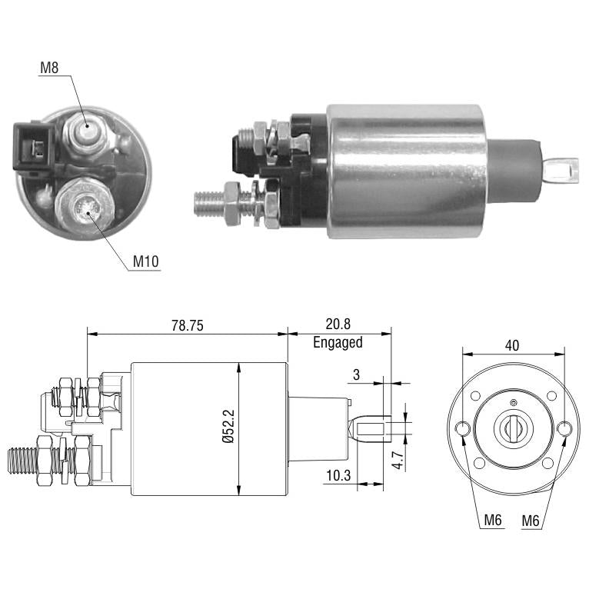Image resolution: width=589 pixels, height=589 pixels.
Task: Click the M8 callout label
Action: pyautogui.click(x=49, y=68)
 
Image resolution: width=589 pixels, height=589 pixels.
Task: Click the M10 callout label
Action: pyautogui.click(x=146, y=261)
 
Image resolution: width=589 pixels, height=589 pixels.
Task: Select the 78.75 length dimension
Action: pyautogui.click(x=188, y=325)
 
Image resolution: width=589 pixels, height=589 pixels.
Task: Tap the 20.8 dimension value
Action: pyautogui.click(x=338, y=324)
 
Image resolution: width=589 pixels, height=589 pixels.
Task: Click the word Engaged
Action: pyautogui.click(x=338, y=343)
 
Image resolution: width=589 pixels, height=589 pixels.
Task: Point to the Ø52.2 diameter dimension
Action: pyautogui.click(x=228, y=426)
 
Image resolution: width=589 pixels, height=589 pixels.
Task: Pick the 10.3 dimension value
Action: pyautogui.click(x=338, y=475)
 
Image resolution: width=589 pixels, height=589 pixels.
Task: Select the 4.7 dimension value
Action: pyautogui.click(x=398, y=461)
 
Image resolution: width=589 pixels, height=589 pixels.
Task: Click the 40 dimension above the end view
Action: pyautogui.click(x=512, y=345)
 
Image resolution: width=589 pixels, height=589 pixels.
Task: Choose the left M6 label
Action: pyautogui.click(x=493, y=520)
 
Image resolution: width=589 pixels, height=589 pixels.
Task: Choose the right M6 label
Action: pyautogui.click(x=531, y=521)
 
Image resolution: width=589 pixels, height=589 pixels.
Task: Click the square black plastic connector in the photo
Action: pyautogui.click(x=34, y=148)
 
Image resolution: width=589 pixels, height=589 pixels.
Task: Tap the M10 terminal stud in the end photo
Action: pyautogui.click(x=85, y=205)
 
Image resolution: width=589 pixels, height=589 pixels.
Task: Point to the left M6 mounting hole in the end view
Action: pyautogui.click(x=462, y=428)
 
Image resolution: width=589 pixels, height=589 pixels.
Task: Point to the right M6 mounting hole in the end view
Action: pyautogui.click(x=564, y=428)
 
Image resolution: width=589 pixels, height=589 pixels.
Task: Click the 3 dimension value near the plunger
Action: pyautogui.click(x=357, y=374)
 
